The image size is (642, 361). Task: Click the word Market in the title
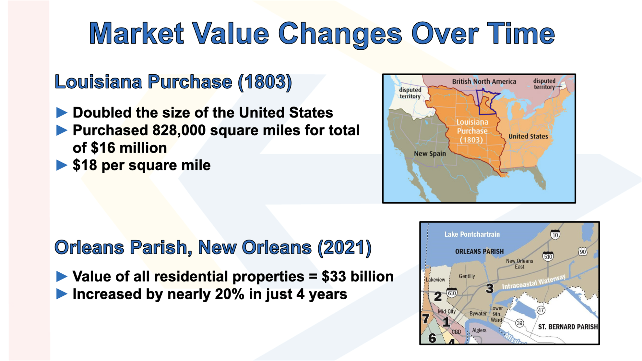click(137, 33)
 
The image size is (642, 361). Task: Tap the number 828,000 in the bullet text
click(179, 131)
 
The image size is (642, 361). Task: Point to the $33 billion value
click(358, 276)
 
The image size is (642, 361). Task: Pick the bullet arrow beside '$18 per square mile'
click(62, 165)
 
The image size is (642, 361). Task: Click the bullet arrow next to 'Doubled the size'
click(62, 113)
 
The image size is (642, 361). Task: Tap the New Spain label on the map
click(430, 154)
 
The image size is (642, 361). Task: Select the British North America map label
click(484, 81)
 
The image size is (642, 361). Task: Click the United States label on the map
click(528, 136)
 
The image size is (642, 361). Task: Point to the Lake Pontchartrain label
click(472, 234)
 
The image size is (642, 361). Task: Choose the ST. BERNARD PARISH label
click(568, 327)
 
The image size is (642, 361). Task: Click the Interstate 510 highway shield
click(548, 256)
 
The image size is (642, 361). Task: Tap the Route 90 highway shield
click(583, 252)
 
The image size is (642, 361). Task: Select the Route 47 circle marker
click(541, 310)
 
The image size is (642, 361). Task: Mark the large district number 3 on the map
click(490, 288)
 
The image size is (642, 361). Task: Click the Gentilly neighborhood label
click(467, 276)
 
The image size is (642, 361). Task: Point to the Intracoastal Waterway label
click(534, 281)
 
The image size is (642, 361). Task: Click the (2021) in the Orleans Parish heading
click(345, 248)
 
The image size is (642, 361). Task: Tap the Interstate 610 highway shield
click(452, 293)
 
